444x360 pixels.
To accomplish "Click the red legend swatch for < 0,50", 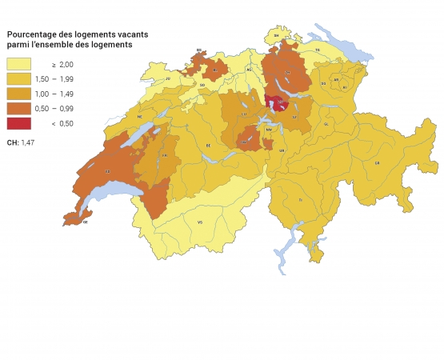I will point(18,123).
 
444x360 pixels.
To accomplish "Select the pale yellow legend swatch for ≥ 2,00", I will point(18,63).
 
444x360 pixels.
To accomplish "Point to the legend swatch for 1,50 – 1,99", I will point(18,78).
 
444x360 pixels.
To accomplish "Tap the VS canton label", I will point(200,222).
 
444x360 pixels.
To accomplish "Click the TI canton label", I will point(301,198).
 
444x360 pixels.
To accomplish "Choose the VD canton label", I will point(107,171).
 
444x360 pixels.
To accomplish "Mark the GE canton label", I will point(86,222).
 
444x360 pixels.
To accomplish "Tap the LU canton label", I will point(244,115).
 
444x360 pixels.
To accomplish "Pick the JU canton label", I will point(169,79).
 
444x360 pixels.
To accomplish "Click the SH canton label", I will point(277,36).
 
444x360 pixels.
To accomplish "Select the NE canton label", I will point(140,116).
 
